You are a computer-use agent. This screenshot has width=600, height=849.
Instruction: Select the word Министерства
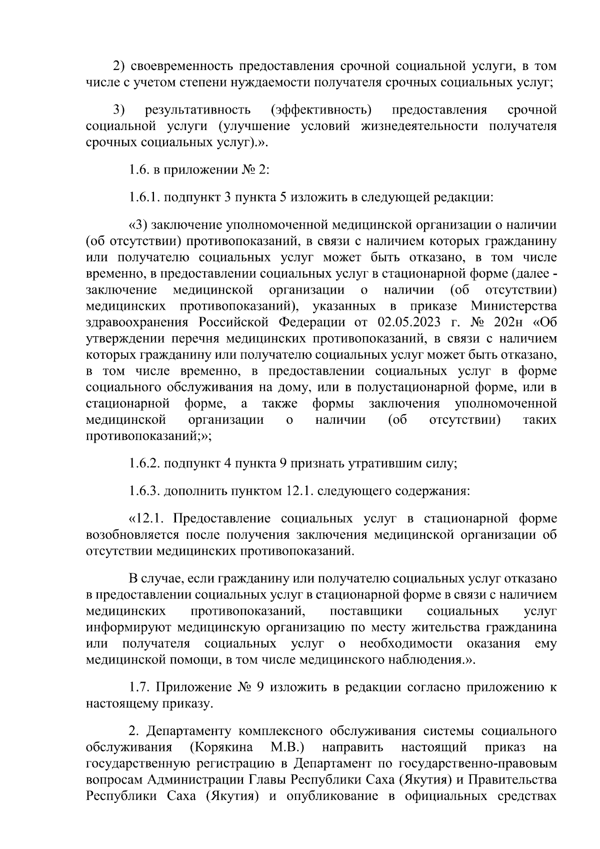point(513,306)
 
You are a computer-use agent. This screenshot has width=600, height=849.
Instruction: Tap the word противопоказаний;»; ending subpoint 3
point(148,436)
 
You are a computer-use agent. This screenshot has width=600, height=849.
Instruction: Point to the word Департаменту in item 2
point(190,732)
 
